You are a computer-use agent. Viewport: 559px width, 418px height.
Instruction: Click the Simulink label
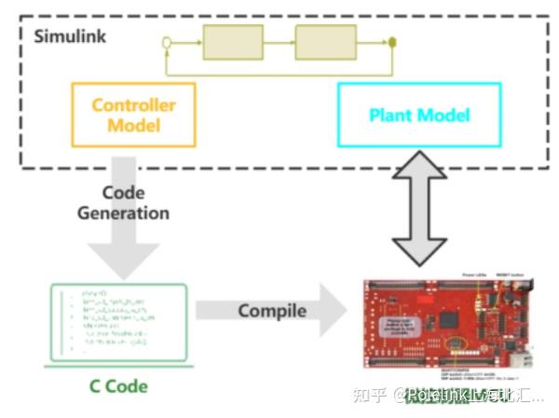(x=70, y=36)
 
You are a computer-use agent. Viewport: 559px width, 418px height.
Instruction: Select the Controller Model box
(x=133, y=114)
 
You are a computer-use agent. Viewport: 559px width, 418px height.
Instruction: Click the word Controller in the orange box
(x=133, y=104)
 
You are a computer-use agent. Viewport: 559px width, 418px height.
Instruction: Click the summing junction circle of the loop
(x=167, y=42)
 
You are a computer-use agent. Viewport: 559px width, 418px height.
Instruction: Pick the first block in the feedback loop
(x=233, y=41)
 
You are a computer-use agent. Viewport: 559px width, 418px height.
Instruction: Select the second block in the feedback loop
(x=325, y=41)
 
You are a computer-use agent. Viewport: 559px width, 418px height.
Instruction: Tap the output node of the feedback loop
(x=393, y=42)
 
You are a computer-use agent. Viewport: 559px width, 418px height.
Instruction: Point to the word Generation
(x=123, y=213)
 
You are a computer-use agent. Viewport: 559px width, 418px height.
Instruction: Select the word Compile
(x=272, y=311)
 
